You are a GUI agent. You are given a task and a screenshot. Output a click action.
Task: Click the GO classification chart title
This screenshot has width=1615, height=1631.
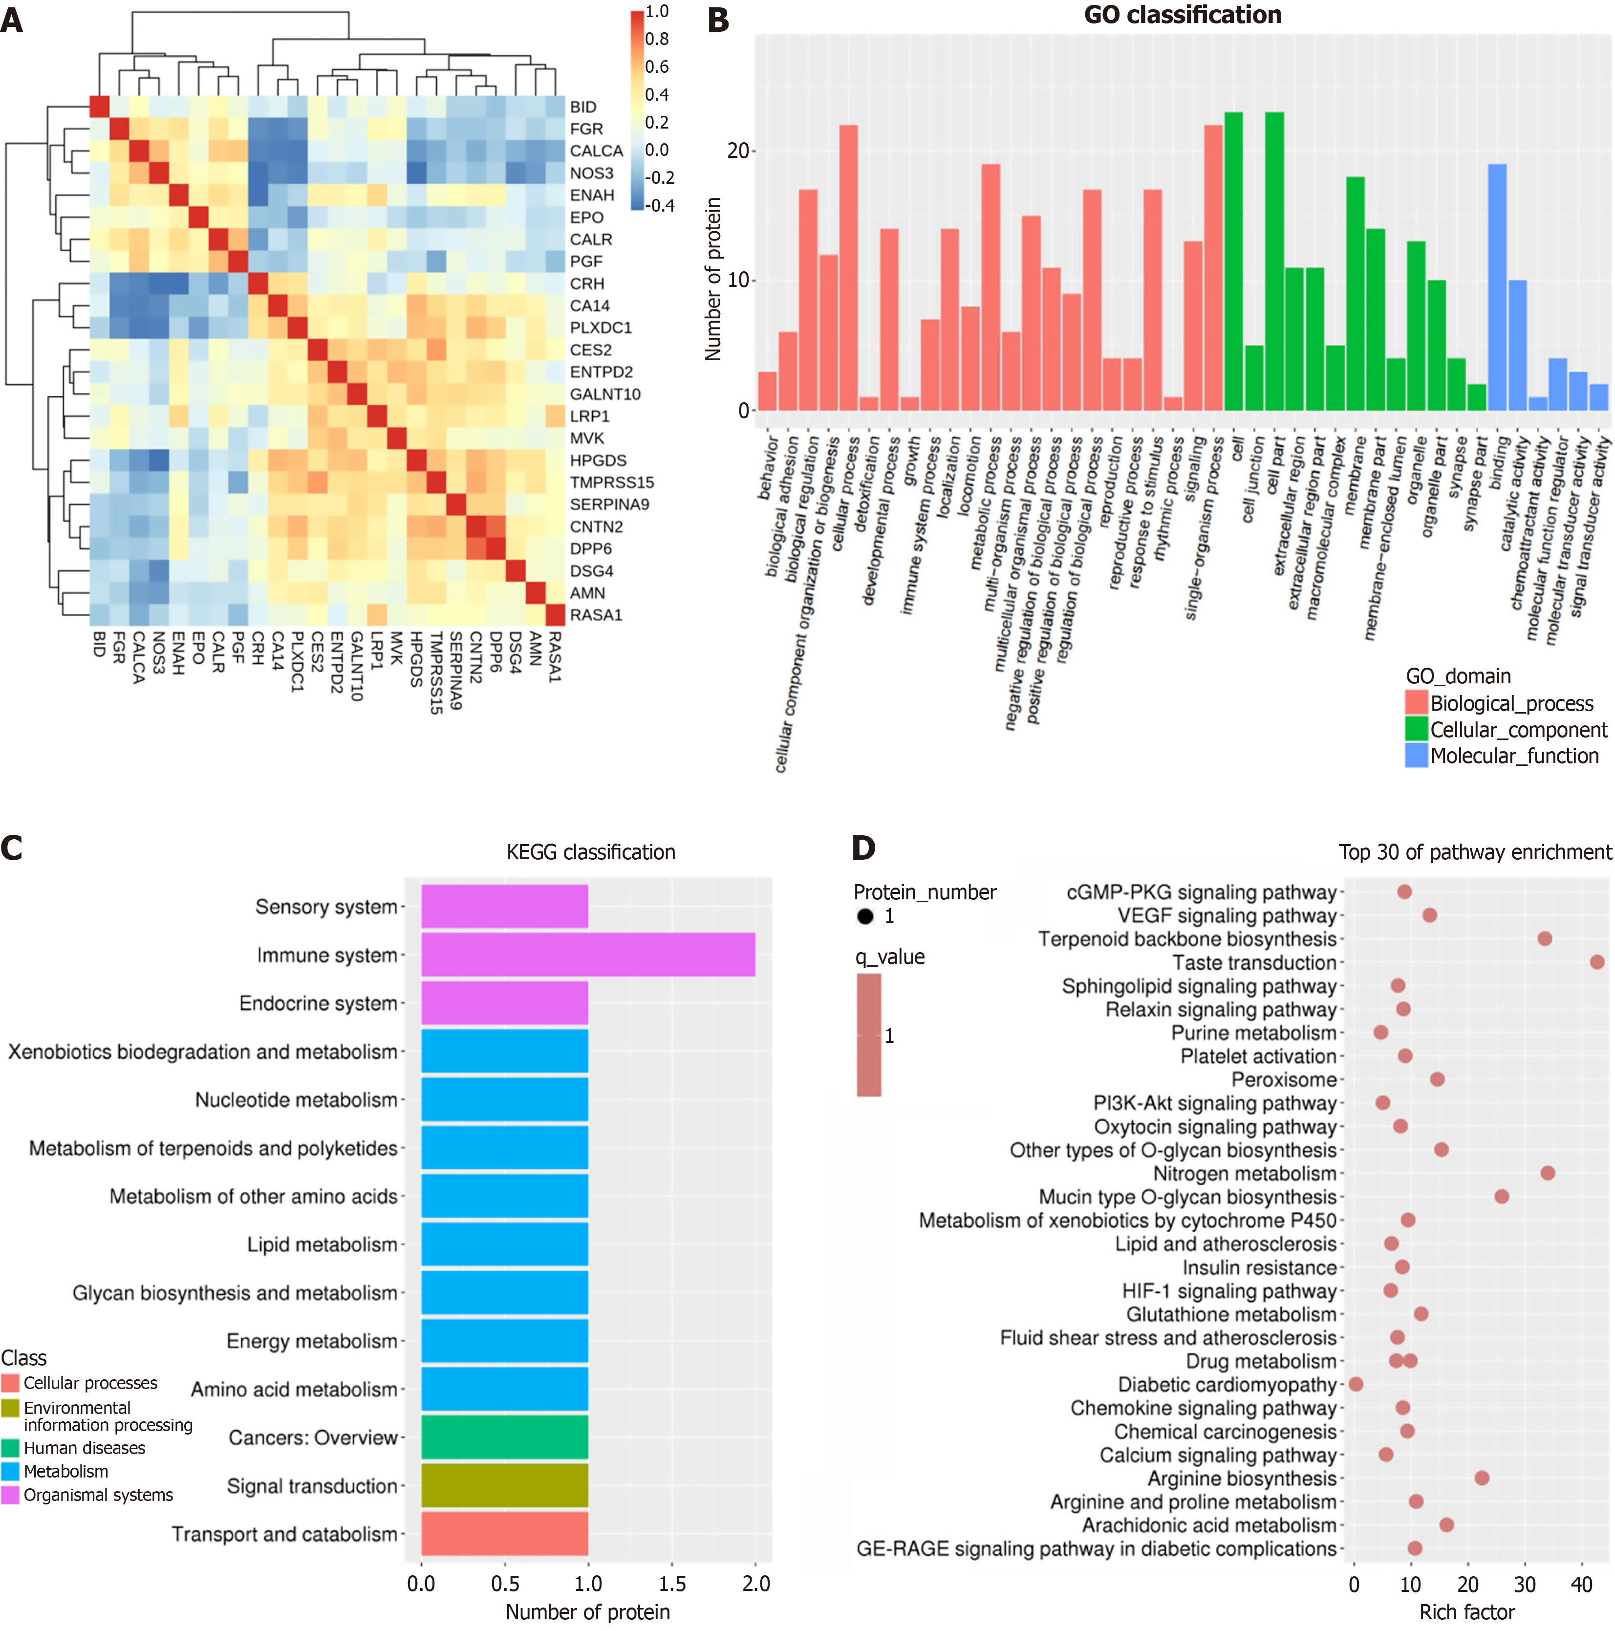tap(1182, 15)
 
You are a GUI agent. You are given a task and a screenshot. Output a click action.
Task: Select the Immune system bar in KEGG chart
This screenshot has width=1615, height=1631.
tap(587, 955)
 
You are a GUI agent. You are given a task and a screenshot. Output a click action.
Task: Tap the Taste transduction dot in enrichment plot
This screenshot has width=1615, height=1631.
tap(1596, 961)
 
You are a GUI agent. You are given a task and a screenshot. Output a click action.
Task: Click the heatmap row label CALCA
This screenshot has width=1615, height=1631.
tap(596, 151)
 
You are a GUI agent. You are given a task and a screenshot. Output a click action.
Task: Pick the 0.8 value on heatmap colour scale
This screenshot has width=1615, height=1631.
tap(657, 39)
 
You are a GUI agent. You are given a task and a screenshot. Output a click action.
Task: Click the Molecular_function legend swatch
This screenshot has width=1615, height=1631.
tap(1416, 756)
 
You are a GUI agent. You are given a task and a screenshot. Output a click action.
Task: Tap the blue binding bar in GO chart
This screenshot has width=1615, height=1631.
tap(1497, 287)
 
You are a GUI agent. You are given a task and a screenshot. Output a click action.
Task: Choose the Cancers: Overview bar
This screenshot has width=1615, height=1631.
tap(504, 1437)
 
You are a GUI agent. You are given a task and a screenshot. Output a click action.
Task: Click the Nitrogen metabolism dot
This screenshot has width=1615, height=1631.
tap(1548, 1173)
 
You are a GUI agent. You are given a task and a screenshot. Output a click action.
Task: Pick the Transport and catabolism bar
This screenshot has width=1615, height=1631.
tap(504, 1534)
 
